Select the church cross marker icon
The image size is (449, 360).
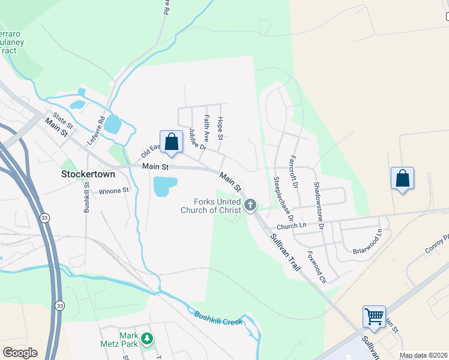[x=250, y=206]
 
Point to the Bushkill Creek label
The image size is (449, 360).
[x=218, y=319]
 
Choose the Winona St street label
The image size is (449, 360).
[x=114, y=191]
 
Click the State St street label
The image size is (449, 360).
[x=62, y=120]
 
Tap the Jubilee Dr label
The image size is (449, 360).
[x=197, y=139]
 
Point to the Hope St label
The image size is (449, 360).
[x=220, y=128]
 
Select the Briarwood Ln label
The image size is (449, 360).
[x=367, y=242]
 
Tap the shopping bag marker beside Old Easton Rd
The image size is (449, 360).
[x=171, y=142]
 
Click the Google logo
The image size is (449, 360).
[x=20, y=353]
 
